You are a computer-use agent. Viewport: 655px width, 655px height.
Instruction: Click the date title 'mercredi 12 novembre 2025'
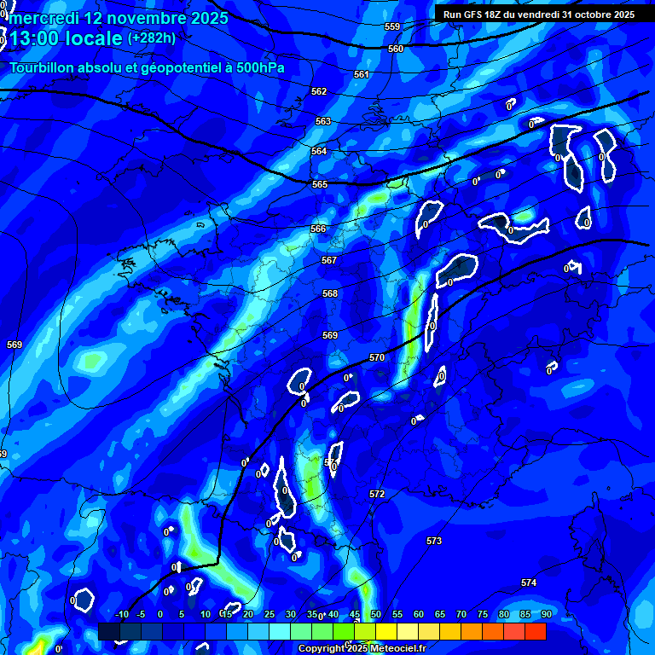pyautogui.click(x=118, y=18)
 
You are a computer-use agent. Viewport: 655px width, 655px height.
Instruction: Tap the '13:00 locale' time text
pyautogui.click(x=65, y=38)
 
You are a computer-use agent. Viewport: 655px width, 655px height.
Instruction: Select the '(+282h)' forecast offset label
pyautogui.click(x=152, y=38)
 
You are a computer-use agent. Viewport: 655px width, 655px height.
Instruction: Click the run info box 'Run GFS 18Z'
pyautogui.click(x=539, y=14)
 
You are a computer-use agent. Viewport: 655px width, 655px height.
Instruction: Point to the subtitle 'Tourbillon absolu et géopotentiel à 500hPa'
pyautogui.click(x=148, y=67)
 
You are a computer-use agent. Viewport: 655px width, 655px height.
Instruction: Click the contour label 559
pyautogui.click(x=392, y=27)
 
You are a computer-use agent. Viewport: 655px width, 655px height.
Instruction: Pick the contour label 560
pyautogui.click(x=396, y=49)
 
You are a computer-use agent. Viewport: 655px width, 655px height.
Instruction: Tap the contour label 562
pyautogui.click(x=319, y=91)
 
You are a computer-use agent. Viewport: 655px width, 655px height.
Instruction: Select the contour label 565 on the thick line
pyautogui.click(x=320, y=184)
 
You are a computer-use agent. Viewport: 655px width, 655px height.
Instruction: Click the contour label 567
pyautogui.click(x=329, y=260)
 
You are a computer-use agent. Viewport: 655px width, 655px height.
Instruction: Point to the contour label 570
pyautogui.click(x=377, y=357)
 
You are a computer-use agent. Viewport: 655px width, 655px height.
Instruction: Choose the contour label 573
pyautogui.click(x=434, y=541)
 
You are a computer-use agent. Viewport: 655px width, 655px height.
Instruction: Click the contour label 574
pyautogui.click(x=529, y=583)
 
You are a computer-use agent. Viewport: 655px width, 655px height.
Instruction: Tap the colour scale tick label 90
pyautogui.click(x=546, y=614)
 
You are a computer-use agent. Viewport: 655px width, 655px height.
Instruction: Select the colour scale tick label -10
pyautogui.click(x=121, y=614)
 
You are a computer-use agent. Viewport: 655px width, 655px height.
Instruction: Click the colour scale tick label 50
pyautogui.click(x=376, y=614)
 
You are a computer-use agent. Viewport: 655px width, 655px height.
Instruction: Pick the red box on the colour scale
pyautogui.click(x=535, y=631)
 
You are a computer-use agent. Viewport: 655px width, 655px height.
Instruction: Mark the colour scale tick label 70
pyautogui.click(x=461, y=614)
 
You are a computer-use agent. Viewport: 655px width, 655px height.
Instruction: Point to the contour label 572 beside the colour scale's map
pyautogui.click(x=377, y=494)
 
